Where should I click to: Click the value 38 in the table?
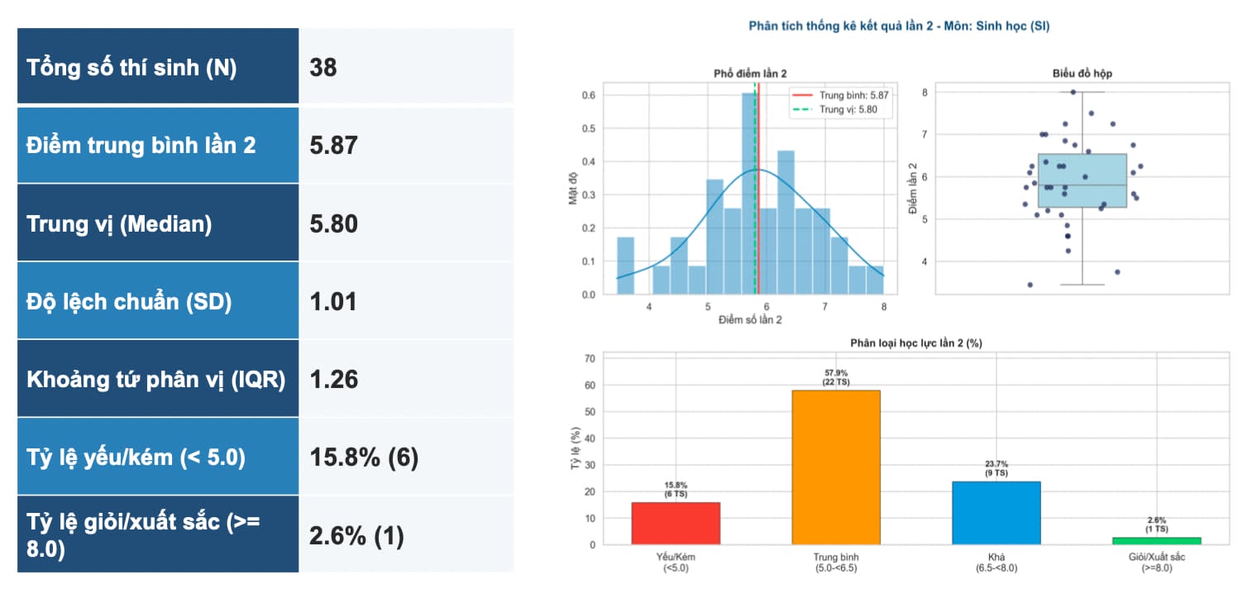pos(322,67)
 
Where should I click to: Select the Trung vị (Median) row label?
pos(119,224)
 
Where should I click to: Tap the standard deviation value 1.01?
pos(333,302)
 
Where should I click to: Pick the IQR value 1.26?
pos(333,379)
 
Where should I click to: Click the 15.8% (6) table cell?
pos(364,457)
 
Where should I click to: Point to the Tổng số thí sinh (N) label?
pos(131,67)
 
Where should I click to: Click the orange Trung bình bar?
pos(836,467)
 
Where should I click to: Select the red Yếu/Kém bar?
pos(676,524)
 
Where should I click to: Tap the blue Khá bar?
pos(996,513)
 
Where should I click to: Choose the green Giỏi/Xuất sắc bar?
pos(1157,541)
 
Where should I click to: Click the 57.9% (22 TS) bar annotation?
pos(836,377)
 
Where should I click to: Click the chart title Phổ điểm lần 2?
pos(750,74)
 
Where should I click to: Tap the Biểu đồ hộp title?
pos(1082,74)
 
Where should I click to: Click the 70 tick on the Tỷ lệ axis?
pos(590,358)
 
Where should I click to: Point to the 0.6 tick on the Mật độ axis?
pos(589,95)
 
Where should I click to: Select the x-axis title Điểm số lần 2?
pos(750,319)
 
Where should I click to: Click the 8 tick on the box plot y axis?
pos(924,93)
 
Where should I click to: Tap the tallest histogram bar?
pos(750,194)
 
